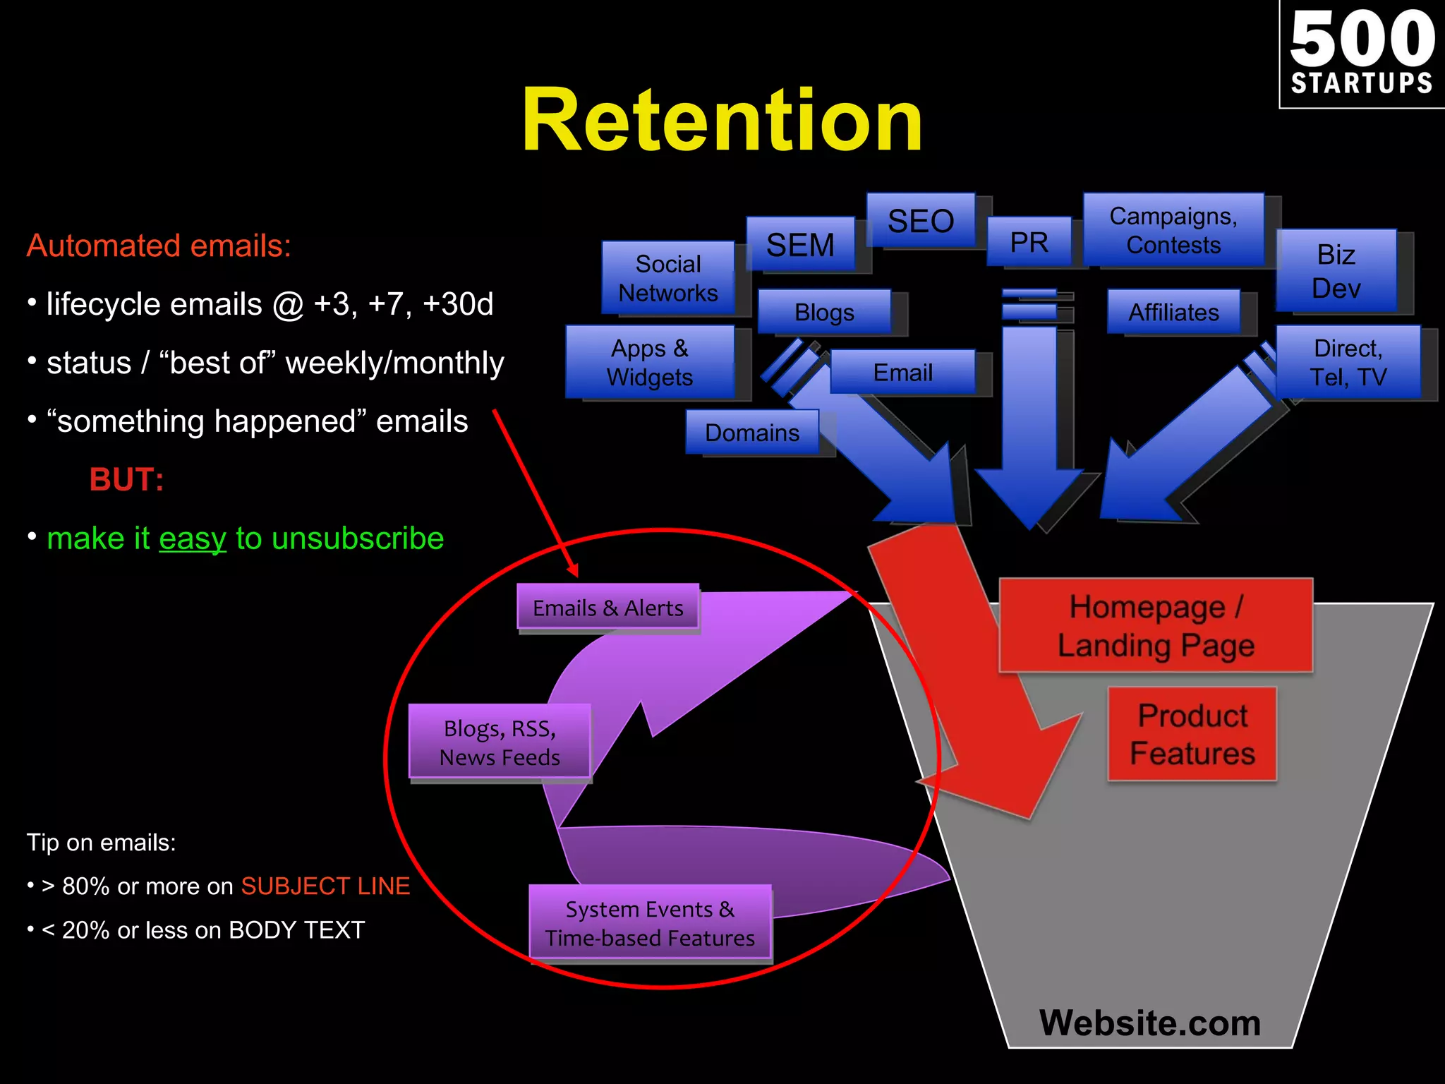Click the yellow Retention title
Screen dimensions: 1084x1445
click(722, 120)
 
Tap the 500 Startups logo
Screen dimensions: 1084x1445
click(1362, 54)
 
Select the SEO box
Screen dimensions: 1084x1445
click(921, 221)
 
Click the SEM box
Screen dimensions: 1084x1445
click(800, 245)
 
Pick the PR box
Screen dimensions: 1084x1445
click(1029, 242)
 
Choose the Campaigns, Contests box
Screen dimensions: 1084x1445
click(1173, 230)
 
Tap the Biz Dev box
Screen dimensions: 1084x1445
click(1336, 271)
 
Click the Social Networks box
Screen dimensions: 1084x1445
click(667, 278)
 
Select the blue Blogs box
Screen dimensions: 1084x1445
click(824, 312)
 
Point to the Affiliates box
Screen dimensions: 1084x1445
click(1173, 312)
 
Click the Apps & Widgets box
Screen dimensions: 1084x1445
click(649, 362)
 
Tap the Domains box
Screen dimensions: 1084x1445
click(752, 432)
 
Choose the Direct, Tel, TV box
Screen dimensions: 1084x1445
click(1348, 362)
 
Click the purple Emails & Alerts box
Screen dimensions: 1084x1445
click(607, 607)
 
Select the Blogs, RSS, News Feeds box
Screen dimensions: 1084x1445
click(500, 742)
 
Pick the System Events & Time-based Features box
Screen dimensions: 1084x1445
click(650, 923)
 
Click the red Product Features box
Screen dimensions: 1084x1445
click(1192, 734)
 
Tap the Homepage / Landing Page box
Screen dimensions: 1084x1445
click(1156, 625)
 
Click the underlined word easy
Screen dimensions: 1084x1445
click(193, 538)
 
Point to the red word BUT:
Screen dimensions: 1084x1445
click(127, 480)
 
